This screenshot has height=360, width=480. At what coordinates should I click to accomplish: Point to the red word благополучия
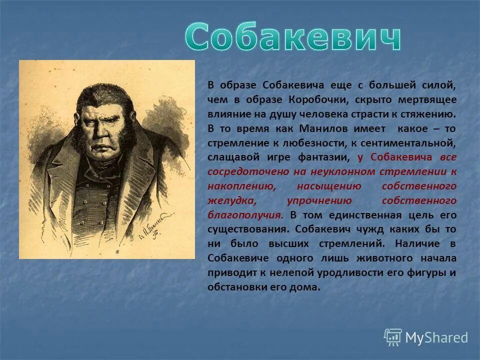coord(245,215)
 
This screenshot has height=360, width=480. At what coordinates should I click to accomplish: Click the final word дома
coord(306,287)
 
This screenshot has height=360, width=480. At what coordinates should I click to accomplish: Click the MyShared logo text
coord(436,337)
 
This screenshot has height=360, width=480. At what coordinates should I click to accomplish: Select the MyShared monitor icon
coord(393,337)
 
